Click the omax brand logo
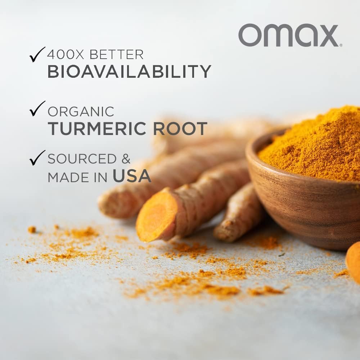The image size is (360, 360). (x=288, y=35)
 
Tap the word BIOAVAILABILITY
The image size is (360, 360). (x=129, y=71)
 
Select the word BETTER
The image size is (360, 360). (x=116, y=54)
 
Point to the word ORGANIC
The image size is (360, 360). (x=81, y=112)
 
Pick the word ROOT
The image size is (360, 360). (x=180, y=129)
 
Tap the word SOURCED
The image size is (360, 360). (x=82, y=159)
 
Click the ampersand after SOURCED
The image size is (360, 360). (x=126, y=159)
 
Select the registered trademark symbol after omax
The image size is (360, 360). (x=341, y=45)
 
